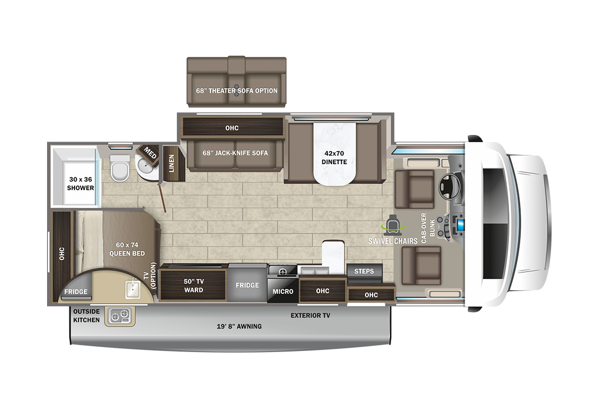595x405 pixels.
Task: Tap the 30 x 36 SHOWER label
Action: pos(81,184)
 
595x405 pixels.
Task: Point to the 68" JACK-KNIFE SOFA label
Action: pos(235,153)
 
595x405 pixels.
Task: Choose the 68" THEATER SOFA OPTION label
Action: pos(237,91)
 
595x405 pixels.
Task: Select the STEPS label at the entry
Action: pos(364,271)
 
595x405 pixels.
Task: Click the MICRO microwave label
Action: pos(282,292)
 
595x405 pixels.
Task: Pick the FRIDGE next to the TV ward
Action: pos(247,285)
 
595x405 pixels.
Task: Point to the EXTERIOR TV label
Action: pos(310,315)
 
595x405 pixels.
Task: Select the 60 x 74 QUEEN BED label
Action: pos(127,249)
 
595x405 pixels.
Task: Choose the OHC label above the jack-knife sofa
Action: pos(232,128)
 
